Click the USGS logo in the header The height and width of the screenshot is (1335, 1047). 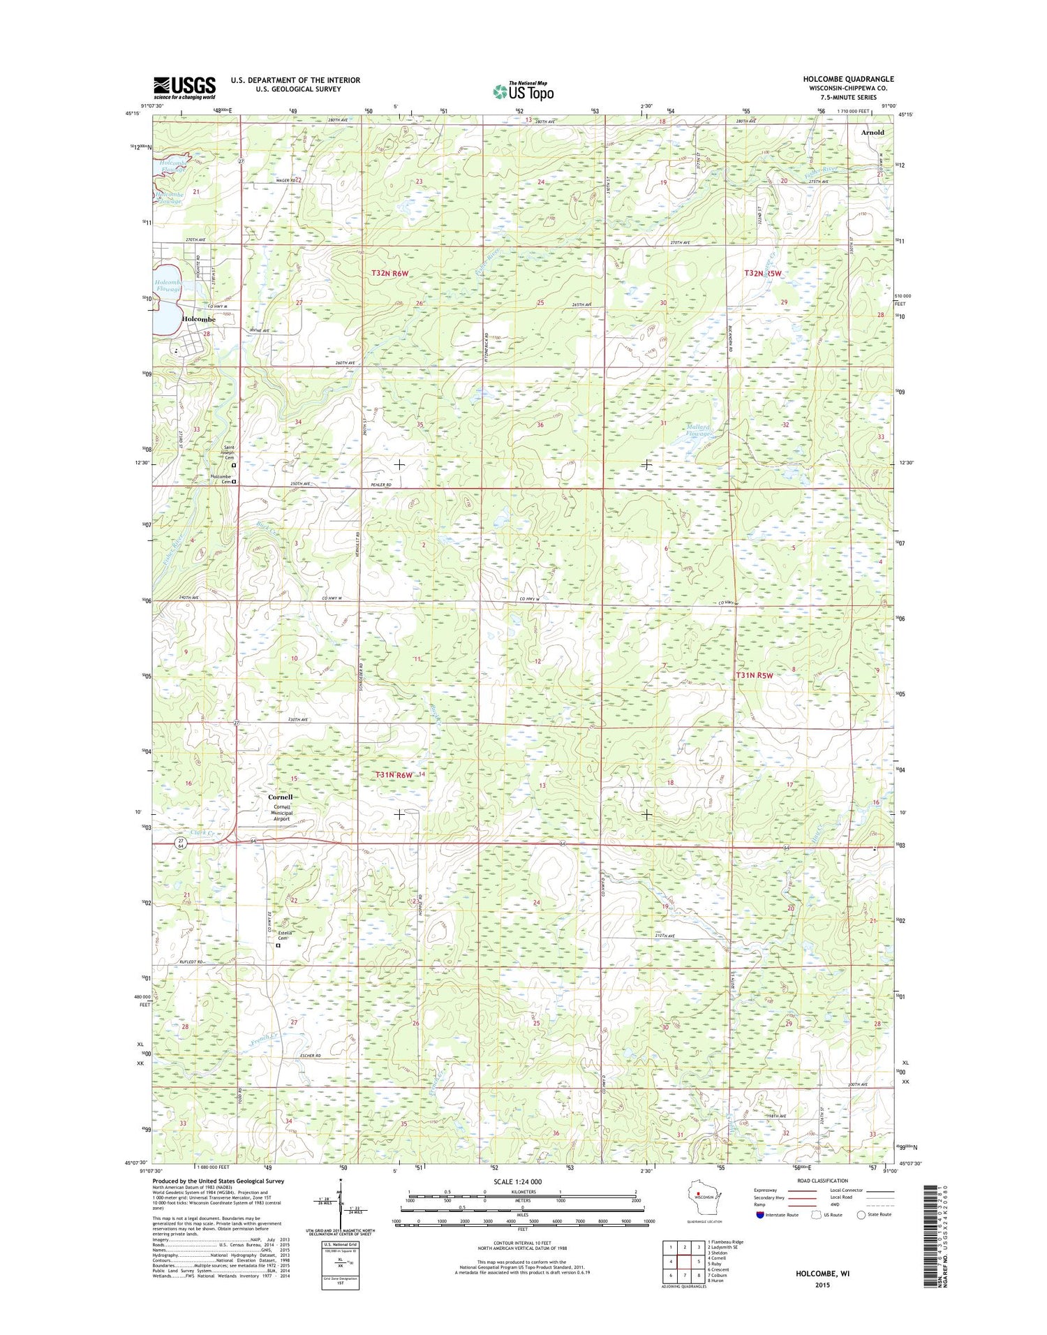tap(184, 87)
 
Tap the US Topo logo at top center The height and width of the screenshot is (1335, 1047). tap(523, 91)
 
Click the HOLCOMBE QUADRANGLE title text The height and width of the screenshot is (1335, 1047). tap(847, 79)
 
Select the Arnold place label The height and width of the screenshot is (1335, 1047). tap(872, 132)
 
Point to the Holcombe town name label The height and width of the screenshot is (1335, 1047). tap(198, 319)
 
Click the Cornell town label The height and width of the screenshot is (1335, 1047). tap(281, 797)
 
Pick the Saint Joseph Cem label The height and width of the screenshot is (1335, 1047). tap(233, 451)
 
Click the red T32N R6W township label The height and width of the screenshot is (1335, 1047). tap(389, 273)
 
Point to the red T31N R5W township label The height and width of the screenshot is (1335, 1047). tap(755, 675)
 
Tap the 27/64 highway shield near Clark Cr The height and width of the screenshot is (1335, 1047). tap(181, 843)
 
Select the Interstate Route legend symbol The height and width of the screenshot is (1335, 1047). tap(759, 1214)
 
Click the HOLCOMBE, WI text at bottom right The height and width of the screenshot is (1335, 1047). tap(822, 1273)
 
